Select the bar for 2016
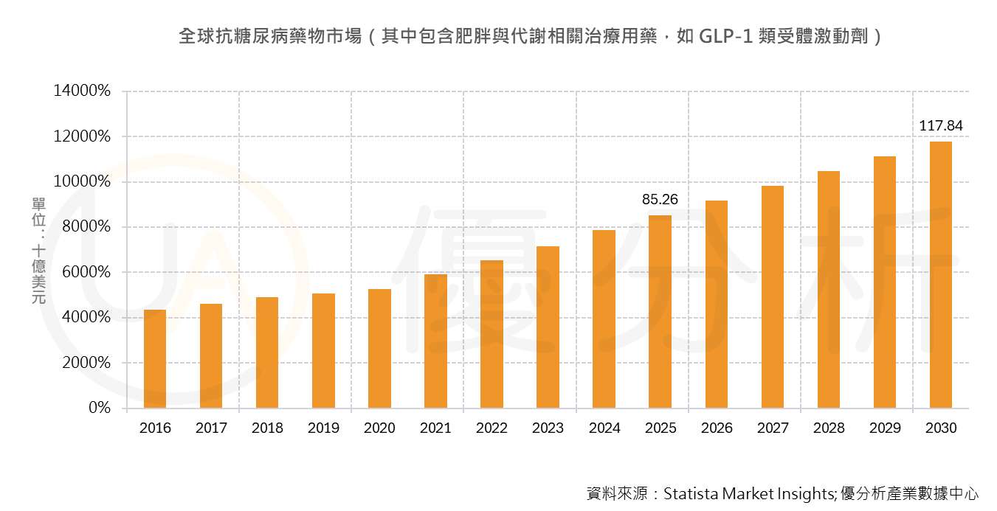(x=155, y=359)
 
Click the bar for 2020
(x=379, y=349)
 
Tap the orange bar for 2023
(x=548, y=327)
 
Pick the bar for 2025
(x=660, y=312)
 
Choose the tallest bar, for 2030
(x=940, y=275)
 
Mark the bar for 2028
(x=828, y=290)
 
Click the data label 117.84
(x=940, y=126)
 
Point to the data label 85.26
(x=660, y=200)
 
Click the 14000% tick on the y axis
(x=82, y=91)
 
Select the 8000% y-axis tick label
(x=86, y=227)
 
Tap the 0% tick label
(x=100, y=408)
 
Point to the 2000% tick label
(x=86, y=363)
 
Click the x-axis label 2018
(x=267, y=428)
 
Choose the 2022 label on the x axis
(x=491, y=428)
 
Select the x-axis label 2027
(x=772, y=428)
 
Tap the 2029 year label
(x=884, y=428)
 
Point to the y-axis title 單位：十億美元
(x=38, y=251)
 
